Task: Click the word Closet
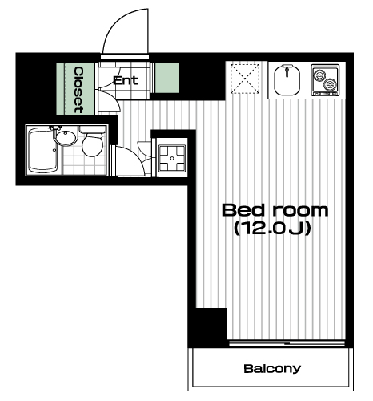pos(78,90)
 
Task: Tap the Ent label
pos(126,80)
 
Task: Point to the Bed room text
pos(275,210)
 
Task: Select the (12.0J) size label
pos(272,229)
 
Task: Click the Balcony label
pos(272,369)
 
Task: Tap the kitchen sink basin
pos(287,80)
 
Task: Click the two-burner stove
pos(325,79)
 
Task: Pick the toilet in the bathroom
pos(92,142)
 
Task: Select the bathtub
pos(43,151)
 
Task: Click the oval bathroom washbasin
pos(66,138)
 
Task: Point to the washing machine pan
pos(172,159)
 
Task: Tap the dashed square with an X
pos(245,79)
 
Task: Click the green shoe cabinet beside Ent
pos(167,78)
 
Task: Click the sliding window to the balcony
pos(287,343)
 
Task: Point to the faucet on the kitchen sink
pos(287,70)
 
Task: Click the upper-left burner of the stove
pos(319,75)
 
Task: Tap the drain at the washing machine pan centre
pos(172,159)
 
